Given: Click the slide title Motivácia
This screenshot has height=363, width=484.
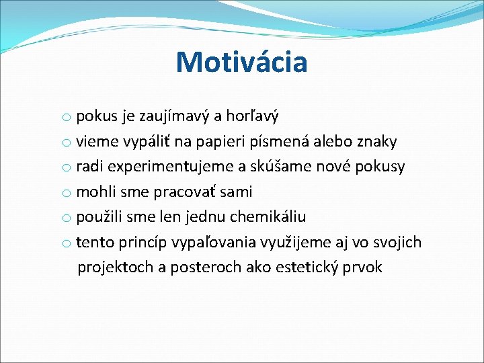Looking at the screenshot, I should pyautogui.click(x=241, y=63).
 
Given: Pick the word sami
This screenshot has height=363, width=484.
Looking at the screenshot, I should pyautogui.click(x=235, y=192).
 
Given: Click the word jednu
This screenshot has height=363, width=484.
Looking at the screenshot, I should pyautogui.click(x=206, y=217).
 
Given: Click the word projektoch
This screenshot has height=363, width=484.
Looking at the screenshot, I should pyautogui.click(x=115, y=268).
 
